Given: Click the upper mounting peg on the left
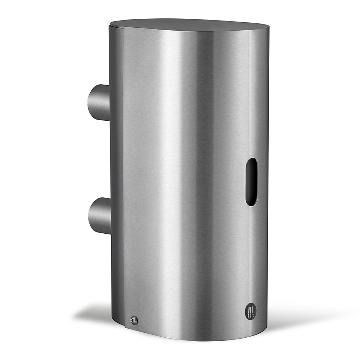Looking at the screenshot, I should (x=99, y=103).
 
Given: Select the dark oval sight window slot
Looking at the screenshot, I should (x=252, y=182).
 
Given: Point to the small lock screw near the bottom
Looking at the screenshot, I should (x=134, y=320).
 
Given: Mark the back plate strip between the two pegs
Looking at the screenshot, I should (x=116, y=158).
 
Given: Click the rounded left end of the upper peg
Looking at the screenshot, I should (x=90, y=103).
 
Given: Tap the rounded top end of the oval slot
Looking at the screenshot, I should (x=252, y=161).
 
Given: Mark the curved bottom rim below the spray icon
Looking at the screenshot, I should (x=248, y=333).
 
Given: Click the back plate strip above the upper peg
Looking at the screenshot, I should (x=116, y=58).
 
